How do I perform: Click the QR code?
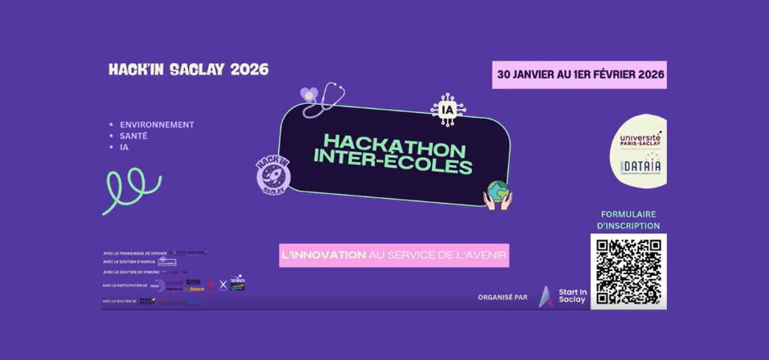(628, 272)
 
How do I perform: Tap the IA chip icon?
(447, 110)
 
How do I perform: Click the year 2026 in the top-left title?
(249, 70)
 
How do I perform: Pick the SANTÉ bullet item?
(135, 136)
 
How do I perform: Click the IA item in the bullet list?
(124, 147)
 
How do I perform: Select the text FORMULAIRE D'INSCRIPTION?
(630, 219)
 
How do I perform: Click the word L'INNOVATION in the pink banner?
(323, 254)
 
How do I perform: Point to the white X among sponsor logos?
(223, 285)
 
